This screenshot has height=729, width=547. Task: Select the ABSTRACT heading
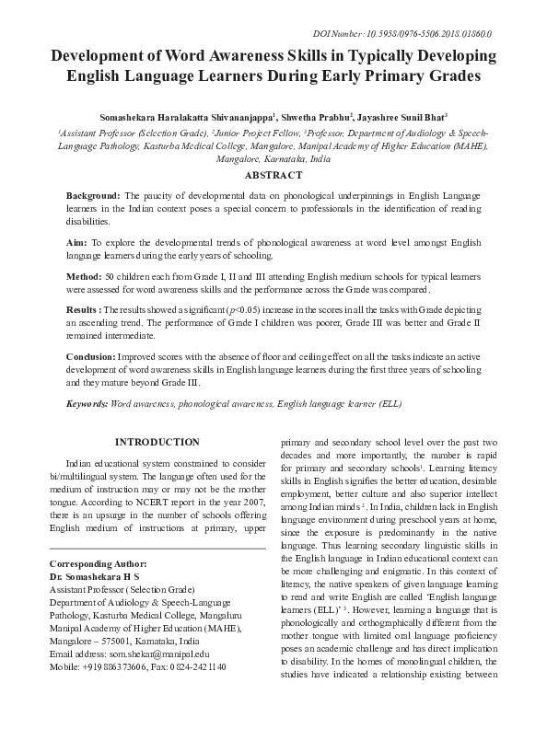[x=273, y=175]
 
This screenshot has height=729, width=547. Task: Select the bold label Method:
[x=87, y=276]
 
